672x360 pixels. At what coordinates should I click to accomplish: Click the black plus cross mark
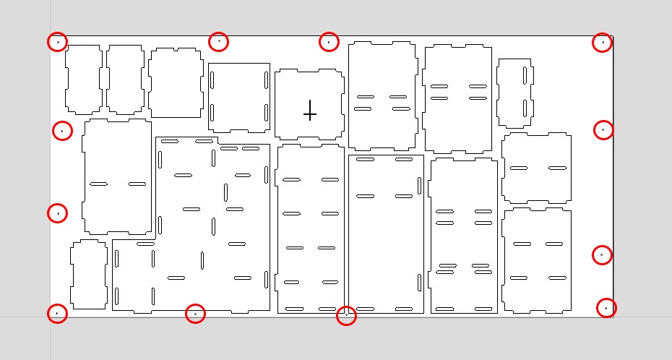[x=310, y=112]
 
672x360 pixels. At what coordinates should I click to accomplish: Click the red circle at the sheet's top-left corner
[x=58, y=42]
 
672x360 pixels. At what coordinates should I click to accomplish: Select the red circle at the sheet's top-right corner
[x=603, y=43]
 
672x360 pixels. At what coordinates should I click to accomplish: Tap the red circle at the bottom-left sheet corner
[x=57, y=313]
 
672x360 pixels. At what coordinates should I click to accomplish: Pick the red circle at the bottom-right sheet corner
[x=606, y=307]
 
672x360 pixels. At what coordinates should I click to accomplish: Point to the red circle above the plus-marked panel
[x=329, y=42]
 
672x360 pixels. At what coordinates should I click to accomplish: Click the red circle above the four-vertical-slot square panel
[x=218, y=41]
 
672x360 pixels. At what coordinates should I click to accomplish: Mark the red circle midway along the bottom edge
[x=346, y=315]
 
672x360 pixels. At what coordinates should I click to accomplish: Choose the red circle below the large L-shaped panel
[x=195, y=314]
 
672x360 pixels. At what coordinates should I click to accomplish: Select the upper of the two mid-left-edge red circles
[x=63, y=131]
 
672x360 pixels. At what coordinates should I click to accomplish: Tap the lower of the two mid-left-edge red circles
[x=57, y=213]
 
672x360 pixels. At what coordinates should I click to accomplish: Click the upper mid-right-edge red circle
[x=603, y=130]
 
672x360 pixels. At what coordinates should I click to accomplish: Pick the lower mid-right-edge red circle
[x=602, y=255]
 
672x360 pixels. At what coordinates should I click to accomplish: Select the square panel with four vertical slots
[x=239, y=98]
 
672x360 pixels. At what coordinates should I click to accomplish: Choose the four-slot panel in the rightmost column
[x=537, y=261]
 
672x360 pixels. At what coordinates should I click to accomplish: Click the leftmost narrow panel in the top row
[x=83, y=78]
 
